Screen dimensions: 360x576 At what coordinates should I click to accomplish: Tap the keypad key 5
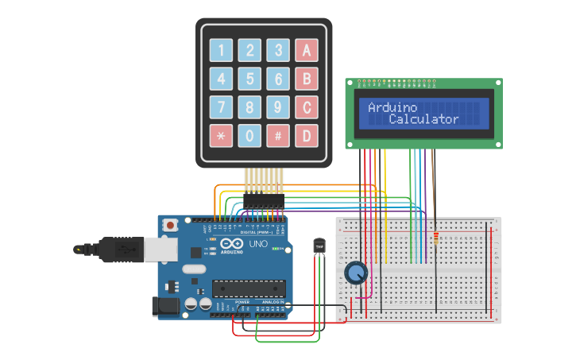(249, 79)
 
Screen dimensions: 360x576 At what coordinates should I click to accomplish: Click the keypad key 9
(278, 106)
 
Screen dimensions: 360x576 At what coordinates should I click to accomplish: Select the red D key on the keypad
(307, 135)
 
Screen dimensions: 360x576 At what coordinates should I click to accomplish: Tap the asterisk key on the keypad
(222, 135)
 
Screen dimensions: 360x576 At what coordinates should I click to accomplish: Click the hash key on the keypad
(278, 135)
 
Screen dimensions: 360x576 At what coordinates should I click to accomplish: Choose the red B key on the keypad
(307, 79)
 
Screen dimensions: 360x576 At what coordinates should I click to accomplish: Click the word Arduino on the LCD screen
(392, 107)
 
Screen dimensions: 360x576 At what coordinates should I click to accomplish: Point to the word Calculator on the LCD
(423, 119)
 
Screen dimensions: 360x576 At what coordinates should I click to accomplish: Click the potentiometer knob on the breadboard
(356, 274)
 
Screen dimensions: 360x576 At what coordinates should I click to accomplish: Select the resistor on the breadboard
(435, 238)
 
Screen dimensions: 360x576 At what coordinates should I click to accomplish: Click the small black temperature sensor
(319, 246)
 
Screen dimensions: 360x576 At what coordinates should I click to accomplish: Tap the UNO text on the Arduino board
(258, 244)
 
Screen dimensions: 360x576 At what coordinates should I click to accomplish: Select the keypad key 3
(278, 51)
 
